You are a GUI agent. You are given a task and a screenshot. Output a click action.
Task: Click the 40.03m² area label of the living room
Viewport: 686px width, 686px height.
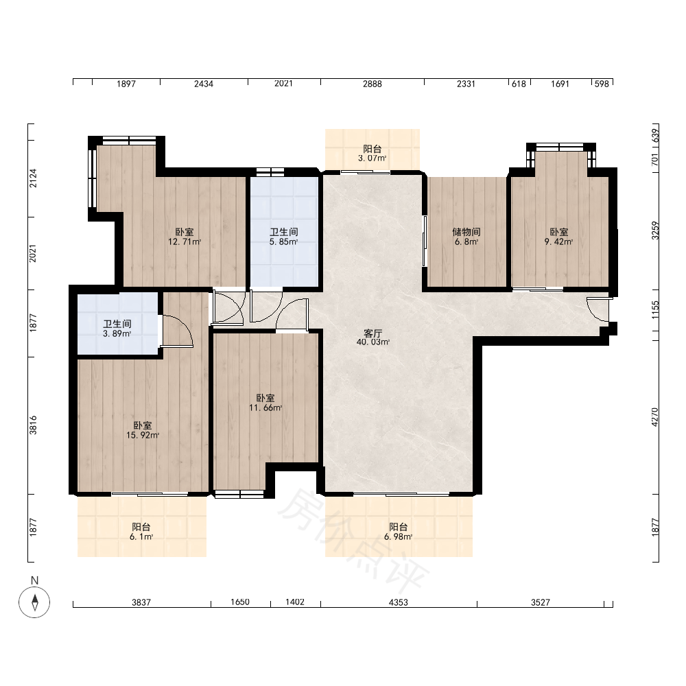coord(372,342)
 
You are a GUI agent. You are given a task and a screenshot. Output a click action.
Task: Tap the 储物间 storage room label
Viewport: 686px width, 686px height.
coord(466,232)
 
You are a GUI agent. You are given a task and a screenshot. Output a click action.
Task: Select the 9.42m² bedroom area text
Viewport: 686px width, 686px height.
coord(558,241)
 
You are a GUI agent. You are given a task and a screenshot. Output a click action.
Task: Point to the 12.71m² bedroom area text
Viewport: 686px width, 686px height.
coord(185,241)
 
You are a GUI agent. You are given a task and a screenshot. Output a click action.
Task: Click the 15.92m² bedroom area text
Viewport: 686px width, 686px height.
coord(143,436)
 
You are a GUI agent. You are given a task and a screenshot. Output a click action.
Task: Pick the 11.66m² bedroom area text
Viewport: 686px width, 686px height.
coord(265,407)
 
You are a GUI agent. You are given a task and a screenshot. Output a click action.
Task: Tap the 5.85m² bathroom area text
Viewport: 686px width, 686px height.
coord(283,241)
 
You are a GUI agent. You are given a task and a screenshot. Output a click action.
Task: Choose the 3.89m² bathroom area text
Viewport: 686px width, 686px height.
coord(117,334)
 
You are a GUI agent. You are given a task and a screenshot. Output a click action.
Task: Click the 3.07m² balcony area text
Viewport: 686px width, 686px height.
coord(372,158)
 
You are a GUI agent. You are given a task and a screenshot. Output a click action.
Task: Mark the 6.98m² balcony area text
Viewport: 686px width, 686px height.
coord(398,537)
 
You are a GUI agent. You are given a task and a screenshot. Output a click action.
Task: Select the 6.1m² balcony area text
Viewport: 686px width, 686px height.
coord(141,537)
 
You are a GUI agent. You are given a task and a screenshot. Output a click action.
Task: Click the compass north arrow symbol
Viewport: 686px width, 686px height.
coord(34,602)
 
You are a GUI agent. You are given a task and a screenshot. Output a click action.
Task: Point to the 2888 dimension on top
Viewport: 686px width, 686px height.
coord(372,84)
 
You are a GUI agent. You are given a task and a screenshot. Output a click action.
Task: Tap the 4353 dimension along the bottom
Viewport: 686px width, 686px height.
coord(398,602)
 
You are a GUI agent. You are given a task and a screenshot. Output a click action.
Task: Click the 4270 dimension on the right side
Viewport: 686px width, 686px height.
coord(655,417)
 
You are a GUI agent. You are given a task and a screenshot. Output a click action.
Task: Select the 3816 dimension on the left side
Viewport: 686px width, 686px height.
coord(33,425)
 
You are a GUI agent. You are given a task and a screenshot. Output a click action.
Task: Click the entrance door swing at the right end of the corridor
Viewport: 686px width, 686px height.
coord(597,310)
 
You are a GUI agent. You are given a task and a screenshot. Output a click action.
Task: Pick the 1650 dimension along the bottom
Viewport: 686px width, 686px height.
coord(240,602)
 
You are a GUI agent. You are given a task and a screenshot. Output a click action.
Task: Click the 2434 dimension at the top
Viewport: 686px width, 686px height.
coord(204,84)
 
